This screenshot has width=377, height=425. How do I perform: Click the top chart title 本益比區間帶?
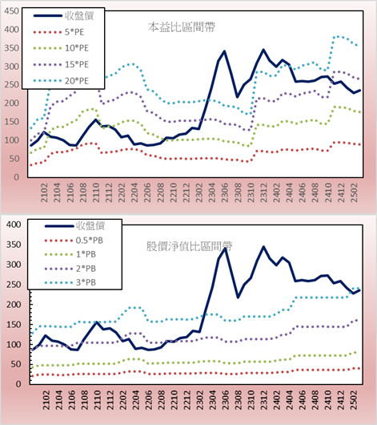click(x=182, y=27)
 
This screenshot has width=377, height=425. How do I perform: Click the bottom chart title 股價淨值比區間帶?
click(x=189, y=246)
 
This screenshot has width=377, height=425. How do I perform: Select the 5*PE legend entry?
click(x=58, y=32)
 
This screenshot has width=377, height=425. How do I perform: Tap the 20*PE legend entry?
click(x=61, y=81)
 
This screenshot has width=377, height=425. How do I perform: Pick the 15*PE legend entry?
click(x=61, y=64)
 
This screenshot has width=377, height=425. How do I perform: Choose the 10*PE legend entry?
click(x=61, y=48)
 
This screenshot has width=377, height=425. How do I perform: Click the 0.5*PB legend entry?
click(x=74, y=241)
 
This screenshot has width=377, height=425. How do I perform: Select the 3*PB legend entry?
click(x=70, y=282)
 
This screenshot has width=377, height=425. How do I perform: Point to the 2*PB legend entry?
click(x=70, y=269)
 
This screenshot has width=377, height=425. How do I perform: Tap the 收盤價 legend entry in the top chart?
click(x=63, y=16)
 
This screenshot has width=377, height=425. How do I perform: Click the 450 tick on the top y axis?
click(x=12, y=11)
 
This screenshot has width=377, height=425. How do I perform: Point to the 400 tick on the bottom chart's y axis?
click(x=14, y=225)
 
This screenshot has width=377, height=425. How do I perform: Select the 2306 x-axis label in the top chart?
click(x=225, y=192)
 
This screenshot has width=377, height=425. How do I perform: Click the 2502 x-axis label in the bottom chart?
click(x=354, y=400)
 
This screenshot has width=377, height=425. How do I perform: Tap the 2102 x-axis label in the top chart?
click(x=44, y=192)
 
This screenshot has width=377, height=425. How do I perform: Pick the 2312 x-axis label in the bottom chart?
click(x=264, y=400)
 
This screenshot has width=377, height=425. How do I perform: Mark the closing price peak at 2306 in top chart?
click(x=224, y=51)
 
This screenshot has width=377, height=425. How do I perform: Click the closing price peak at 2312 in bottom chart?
click(x=263, y=247)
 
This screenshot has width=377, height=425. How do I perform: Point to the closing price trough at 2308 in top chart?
click(x=237, y=97)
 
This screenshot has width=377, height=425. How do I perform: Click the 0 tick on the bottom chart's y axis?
click(x=18, y=384)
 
